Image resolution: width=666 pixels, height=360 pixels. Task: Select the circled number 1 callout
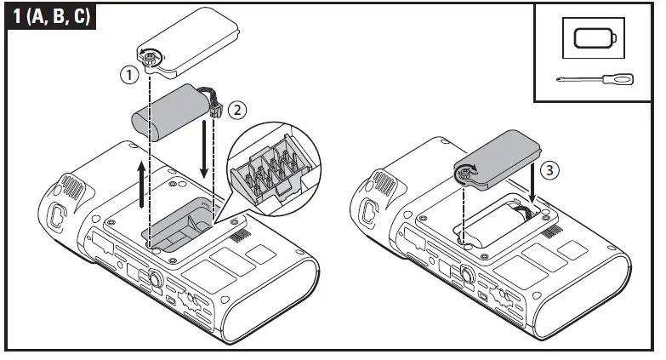128,74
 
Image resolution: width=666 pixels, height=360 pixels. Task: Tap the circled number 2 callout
238,109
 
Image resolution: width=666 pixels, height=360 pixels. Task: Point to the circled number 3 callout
550,170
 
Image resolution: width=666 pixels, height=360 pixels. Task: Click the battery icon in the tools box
594,39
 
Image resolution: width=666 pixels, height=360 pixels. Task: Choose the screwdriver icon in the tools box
594,79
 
